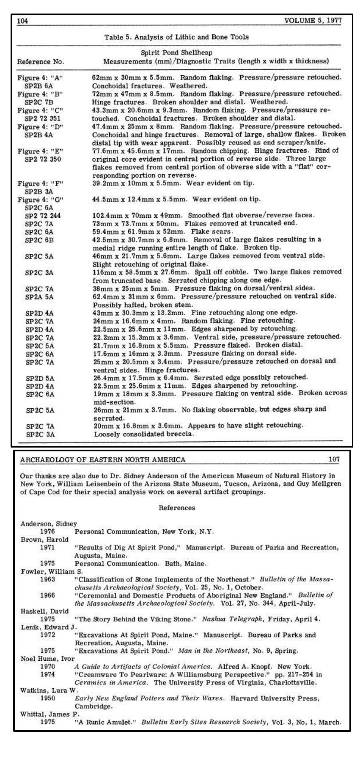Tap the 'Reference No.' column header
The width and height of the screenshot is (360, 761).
coord(40,61)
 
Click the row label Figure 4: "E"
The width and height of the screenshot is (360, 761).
coord(40,151)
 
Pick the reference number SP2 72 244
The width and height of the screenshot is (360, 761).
coord(43,215)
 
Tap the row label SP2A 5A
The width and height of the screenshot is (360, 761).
coord(39,297)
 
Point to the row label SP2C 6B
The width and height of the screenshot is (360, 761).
coord(39,240)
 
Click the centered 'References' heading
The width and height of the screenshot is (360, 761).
coord(177,508)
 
